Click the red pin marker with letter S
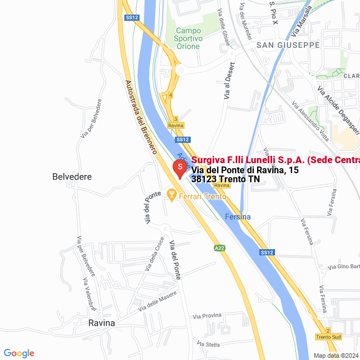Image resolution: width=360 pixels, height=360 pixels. pyautogui.click(x=179, y=167)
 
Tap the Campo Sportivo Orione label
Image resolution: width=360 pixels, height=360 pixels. pyautogui.click(x=188, y=38)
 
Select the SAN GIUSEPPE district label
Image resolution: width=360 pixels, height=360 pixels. pyautogui.click(x=287, y=45)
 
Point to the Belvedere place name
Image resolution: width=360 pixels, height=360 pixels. pyautogui.click(x=72, y=177)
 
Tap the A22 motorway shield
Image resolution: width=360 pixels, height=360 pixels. pyautogui.click(x=219, y=247)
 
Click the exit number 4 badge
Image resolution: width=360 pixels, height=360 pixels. pyautogui.click(x=170, y=96)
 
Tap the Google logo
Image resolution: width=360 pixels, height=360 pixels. pyautogui.click(x=19, y=353)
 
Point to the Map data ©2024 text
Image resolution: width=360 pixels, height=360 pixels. pyautogui.click(x=335, y=355)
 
